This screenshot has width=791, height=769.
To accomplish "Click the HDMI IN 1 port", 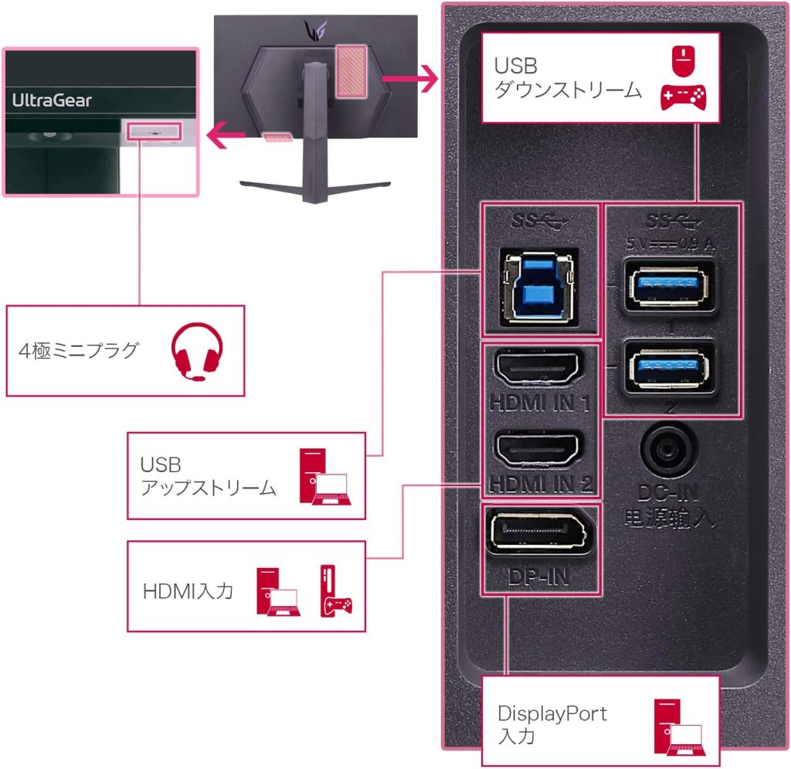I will tap(539, 370).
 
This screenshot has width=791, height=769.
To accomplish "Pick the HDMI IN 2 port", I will tap(539, 450).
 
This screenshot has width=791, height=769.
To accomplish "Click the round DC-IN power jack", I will tap(669, 448).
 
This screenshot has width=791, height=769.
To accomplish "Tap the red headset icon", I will tap(197, 352).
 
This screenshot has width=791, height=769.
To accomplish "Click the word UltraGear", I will tap(52, 100).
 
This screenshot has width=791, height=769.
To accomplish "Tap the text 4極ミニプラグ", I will tap(78, 351).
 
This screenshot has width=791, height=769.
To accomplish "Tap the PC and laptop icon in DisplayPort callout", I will tap(677, 726).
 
